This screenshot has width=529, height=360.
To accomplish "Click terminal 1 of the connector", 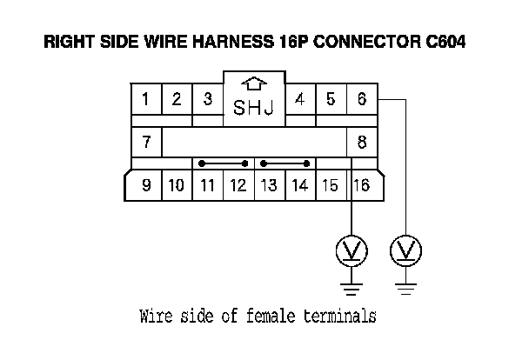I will [145, 99].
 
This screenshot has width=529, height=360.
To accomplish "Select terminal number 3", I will [207, 99].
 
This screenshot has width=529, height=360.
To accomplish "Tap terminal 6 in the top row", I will [361, 99].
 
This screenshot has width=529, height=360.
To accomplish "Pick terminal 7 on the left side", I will [145, 141].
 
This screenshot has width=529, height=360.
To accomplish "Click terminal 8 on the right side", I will [361, 141].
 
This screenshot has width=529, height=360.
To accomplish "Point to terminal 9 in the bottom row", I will [145, 185].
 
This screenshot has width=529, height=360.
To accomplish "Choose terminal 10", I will [176, 185].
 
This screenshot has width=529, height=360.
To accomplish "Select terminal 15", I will [331, 185].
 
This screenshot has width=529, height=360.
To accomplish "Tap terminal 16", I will [361, 185].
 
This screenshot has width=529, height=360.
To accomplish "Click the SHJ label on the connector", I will [253, 108].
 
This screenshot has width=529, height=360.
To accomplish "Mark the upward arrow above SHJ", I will [253, 84].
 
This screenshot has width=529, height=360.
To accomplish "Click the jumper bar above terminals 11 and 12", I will [223, 163].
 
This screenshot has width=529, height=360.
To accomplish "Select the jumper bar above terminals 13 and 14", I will [285, 163].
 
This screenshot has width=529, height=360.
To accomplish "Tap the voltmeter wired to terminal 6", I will [405, 251].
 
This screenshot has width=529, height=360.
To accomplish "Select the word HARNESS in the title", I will [239, 42].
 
